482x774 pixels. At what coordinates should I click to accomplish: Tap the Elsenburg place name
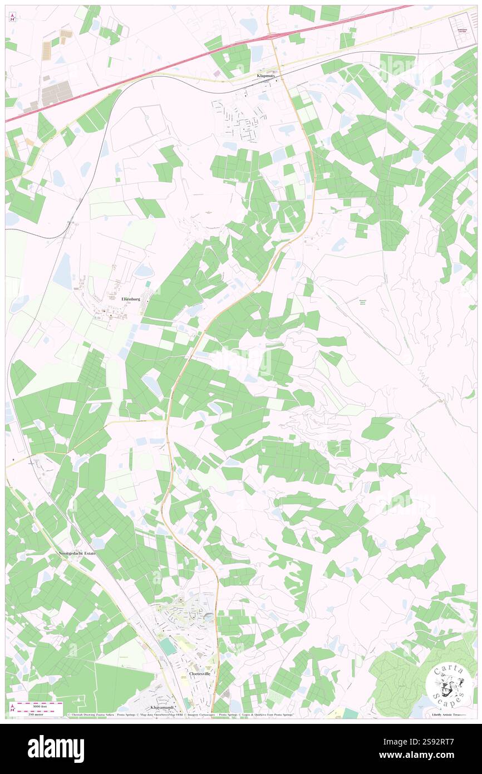pyautogui.click(x=131, y=299)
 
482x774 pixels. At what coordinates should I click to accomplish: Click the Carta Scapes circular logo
pyautogui.click(x=449, y=684)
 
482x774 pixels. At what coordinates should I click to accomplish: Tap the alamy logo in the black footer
pyautogui.click(x=56, y=748)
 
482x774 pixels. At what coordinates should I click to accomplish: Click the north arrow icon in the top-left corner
pyautogui.click(x=12, y=17)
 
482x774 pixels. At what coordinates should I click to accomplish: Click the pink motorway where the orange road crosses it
pyautogui.click(x=273, y=35)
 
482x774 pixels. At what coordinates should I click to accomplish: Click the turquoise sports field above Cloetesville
pyautogui.click(x=167, y=646)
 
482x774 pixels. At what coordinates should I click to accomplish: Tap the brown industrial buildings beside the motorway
pyautogui.click(x=56, y=92)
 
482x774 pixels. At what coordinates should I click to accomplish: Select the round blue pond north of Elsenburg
pyautogui.click(x=143, y=271)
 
